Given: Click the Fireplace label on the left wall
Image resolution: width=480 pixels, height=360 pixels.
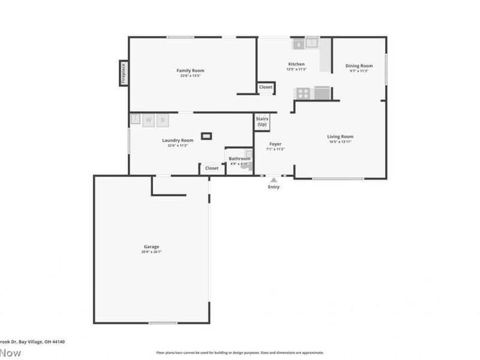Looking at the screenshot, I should coord(124,73).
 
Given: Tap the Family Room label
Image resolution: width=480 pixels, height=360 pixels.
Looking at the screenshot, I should coord(190,71).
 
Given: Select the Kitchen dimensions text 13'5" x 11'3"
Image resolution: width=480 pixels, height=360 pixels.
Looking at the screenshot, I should coord(296,70).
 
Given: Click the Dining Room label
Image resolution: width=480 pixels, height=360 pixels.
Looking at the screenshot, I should coord(359,66).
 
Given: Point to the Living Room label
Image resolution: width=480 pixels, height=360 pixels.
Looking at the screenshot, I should coord(340,137).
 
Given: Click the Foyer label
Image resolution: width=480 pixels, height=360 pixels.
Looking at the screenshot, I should coord(275,144).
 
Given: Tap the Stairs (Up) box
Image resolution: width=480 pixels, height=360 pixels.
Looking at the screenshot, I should coord(262,122).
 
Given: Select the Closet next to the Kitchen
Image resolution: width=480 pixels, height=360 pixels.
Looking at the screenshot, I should coord(266,88).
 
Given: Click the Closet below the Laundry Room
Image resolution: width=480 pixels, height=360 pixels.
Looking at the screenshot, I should coord(212,169).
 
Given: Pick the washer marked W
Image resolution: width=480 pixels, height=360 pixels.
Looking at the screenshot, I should coord(148,120).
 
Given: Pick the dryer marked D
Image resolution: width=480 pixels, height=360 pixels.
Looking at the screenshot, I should coord(163,120).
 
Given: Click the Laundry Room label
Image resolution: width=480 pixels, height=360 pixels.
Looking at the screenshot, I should coord(178,140).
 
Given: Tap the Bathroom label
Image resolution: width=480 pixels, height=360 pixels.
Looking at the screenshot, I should coord(239,158).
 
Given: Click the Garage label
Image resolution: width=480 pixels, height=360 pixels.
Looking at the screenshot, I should coord(151,247).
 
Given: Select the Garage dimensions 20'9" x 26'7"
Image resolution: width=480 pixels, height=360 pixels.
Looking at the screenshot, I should coord(151,252).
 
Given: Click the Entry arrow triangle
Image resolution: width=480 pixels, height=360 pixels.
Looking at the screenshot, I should coord(274,179).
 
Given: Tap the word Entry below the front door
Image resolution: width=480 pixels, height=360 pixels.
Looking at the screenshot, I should coord(274,187).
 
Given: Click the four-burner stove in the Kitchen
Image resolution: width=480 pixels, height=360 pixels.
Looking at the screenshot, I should coord(304,93).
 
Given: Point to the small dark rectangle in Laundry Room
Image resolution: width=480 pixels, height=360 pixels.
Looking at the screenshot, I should coord(206,136).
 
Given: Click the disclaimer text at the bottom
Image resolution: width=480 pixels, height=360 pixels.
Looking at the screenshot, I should coord(240,353).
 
